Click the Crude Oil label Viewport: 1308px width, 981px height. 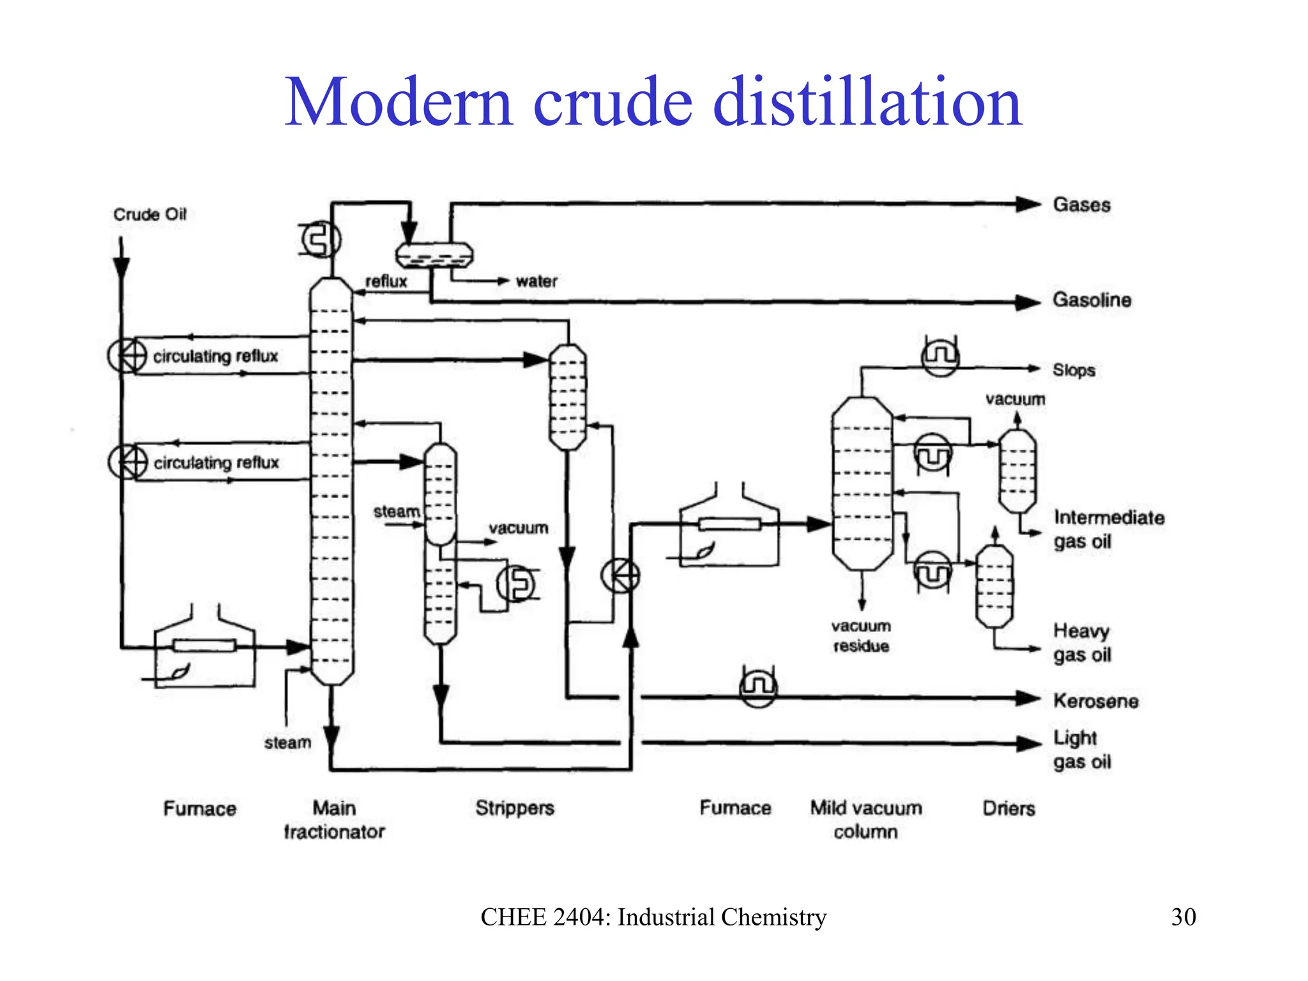click(x=149, y=215)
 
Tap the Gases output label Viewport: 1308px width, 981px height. click(x=1081, y=205)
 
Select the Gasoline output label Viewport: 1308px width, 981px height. click(x=1091, y=300)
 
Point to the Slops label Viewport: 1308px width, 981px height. click(x=1074, y=370)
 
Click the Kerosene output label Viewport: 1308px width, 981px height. click(x=1095, y=701)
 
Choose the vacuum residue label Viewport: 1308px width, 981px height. click(x=861, y=636)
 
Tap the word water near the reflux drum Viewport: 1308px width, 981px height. click(x=536, y=282)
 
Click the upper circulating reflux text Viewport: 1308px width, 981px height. click(x=215, y=356)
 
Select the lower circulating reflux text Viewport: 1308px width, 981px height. click(x=216, y=462)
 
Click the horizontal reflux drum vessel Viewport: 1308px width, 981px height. click(x=434, y=255)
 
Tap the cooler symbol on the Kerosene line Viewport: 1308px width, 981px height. click(x=758, y=687)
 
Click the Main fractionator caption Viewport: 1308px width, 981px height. click(x=334, y=820)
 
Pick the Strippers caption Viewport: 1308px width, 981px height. click(x=514, y=809)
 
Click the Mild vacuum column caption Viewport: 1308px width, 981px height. click(x=866, y=820)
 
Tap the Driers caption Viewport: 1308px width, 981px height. click(x=1008, y=809)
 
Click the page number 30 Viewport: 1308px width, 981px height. click(x=1183, y=917)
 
